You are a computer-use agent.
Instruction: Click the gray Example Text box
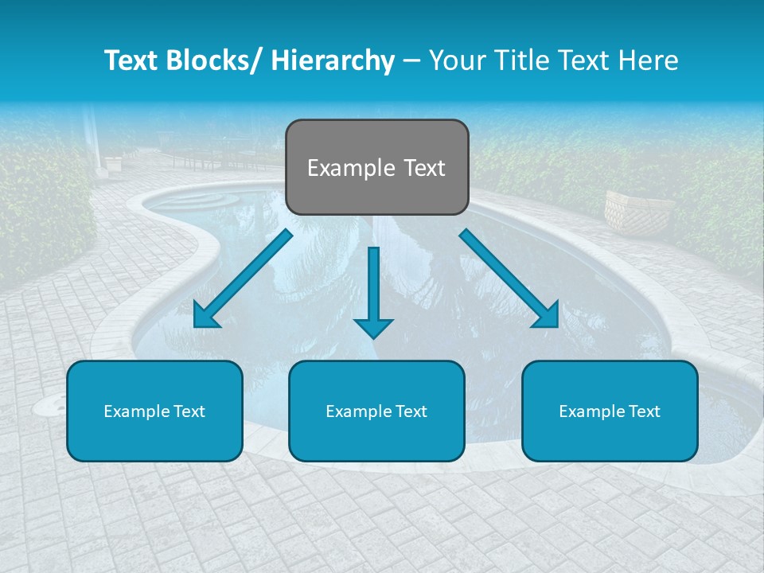tap(376, 167)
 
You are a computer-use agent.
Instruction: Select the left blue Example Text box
tap(154, 411)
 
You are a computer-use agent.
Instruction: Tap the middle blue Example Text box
tap(376, 411)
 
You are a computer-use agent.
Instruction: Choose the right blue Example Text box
tap(610, 411)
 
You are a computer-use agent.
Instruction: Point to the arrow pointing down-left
tap(243, 279)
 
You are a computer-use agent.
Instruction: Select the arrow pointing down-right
tap(509, 279)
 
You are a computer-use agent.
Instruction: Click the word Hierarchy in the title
tap(333, 60)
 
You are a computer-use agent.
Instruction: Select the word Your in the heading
tap(458, 60)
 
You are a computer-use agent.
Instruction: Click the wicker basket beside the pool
tap(628, 212)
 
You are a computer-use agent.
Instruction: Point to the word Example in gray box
tap(341, 168)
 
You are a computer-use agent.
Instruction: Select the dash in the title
tap(411, 60)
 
